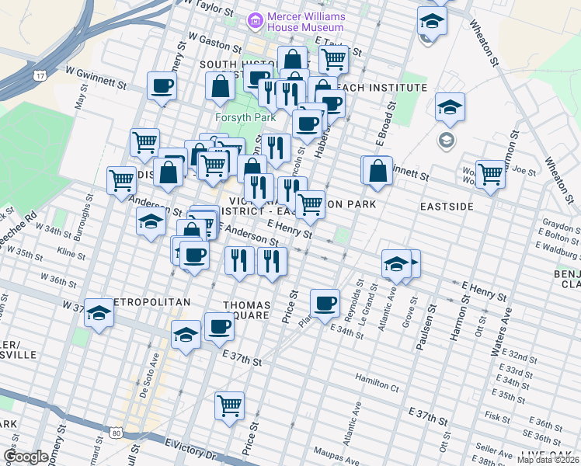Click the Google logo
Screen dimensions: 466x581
26,457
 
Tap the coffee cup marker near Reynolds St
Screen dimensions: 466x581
325,303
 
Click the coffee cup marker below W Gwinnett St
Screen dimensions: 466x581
162,86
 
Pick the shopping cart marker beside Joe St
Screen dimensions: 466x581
490,174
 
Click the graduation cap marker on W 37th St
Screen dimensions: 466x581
99,313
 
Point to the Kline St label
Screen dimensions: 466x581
71,253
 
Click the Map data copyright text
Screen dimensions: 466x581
548,460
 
